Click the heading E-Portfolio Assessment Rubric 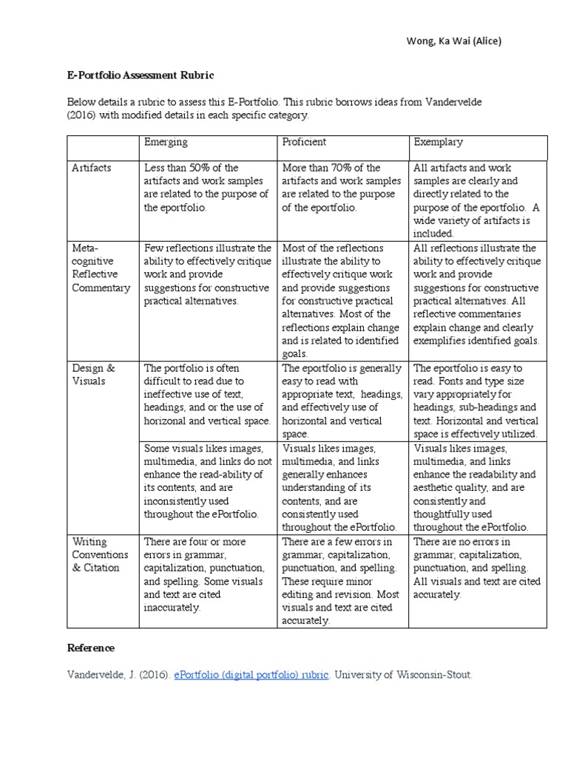tap(141, 75)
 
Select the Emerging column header tap(166, 142)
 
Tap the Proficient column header tap(304, 142)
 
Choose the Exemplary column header tap(438, 142)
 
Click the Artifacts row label tap(91, 168)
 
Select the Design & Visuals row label tap(93, 374)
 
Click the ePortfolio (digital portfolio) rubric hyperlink tap(251, 675)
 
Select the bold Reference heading tap(91, 648)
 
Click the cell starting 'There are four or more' tap(206, 574)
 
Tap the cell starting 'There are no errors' tap(477, 568)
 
